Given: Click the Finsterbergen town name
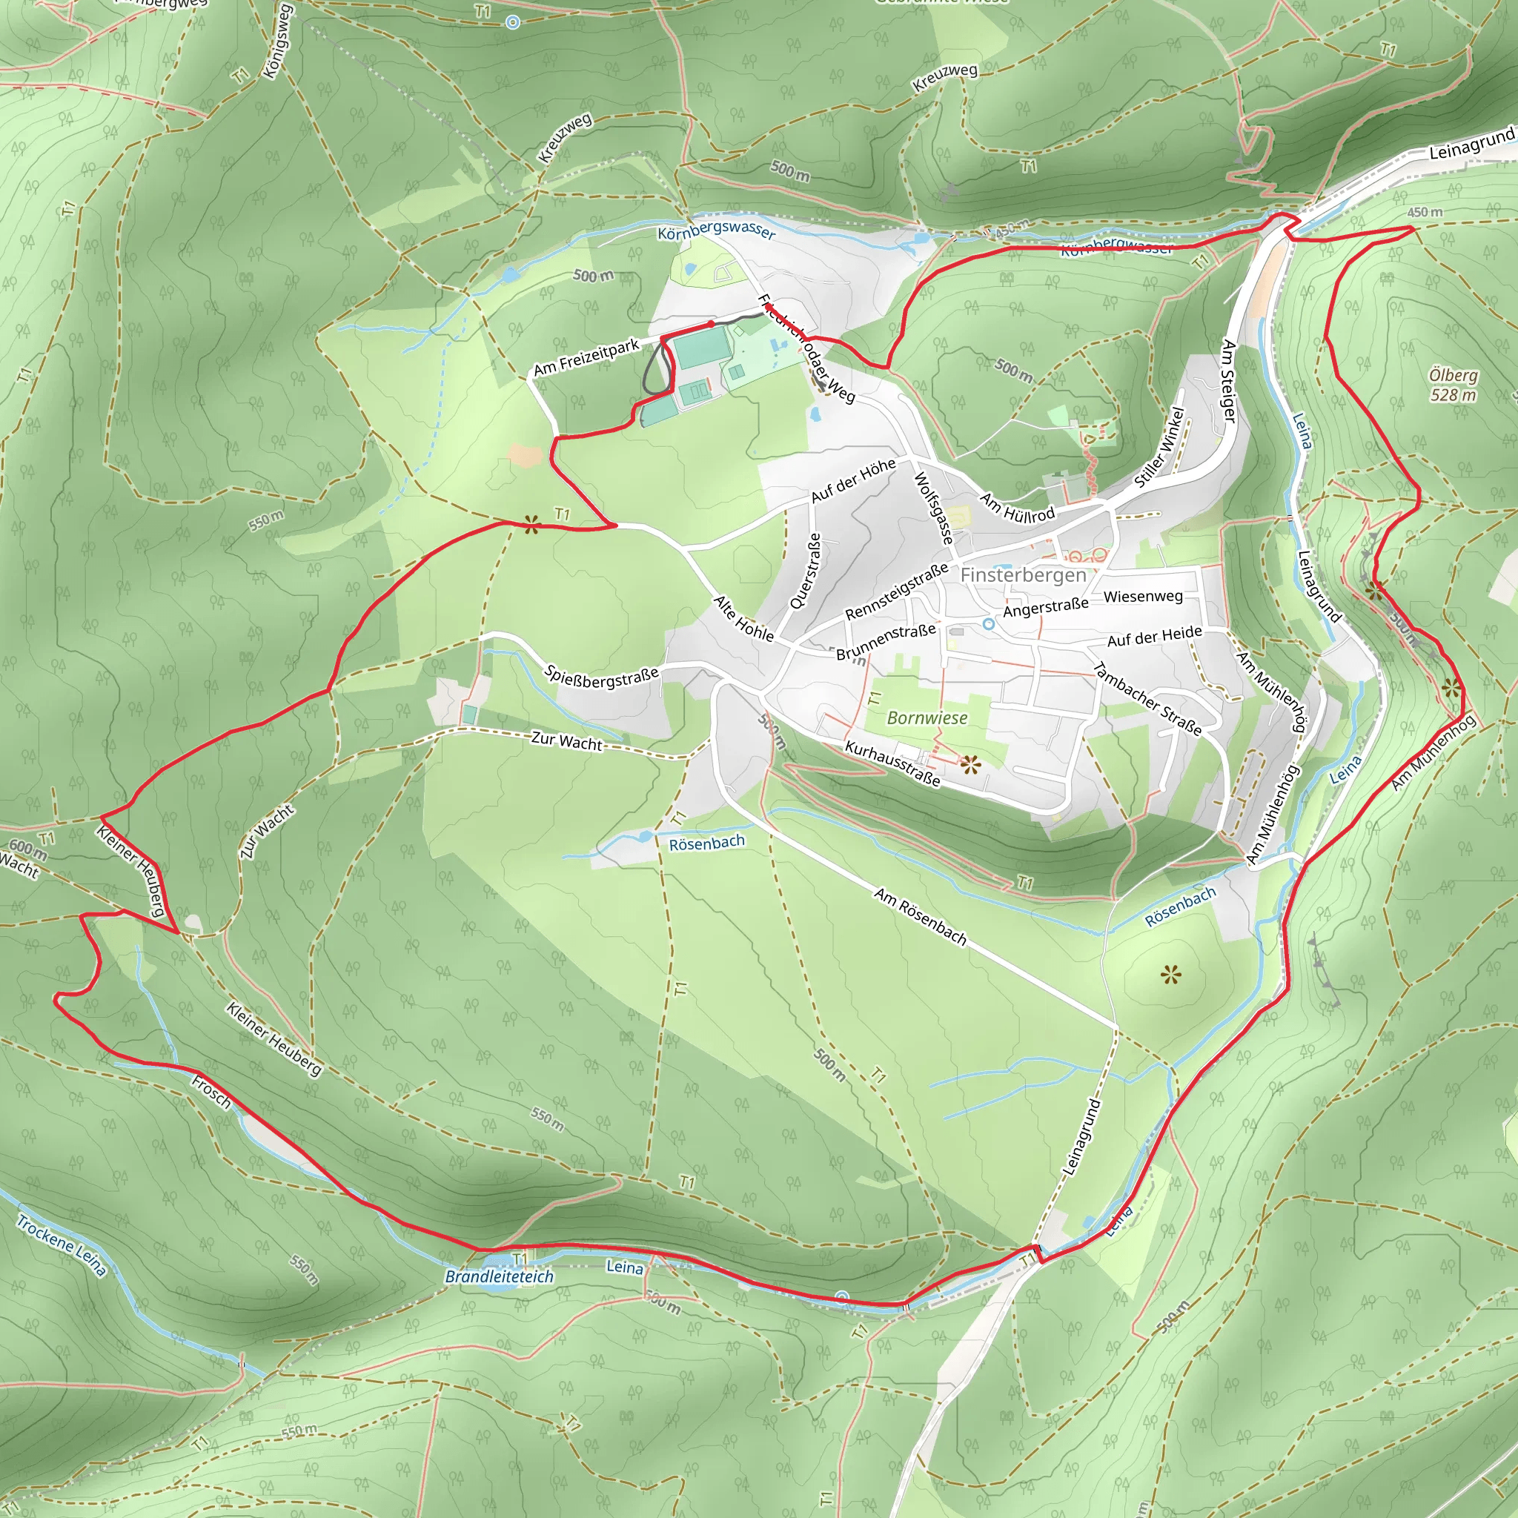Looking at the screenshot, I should click(1023, 575).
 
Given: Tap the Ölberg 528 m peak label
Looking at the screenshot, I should click(1453, 385).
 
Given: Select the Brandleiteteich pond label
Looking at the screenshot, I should click(499, 1276).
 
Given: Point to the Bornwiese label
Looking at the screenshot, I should click(927, 717).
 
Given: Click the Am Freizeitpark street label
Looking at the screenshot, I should click(586, 357).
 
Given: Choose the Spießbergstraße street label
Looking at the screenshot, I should click(601, 677).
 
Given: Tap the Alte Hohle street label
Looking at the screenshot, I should click(743, 617).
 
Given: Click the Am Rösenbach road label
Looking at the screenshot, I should click(920, 915).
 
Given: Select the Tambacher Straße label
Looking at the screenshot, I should click(1147, 698).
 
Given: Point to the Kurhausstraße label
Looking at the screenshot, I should click(892, 763).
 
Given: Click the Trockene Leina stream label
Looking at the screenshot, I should click(62, 1245).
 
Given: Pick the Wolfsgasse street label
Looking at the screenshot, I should click(932, 508).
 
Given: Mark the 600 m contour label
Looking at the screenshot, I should click(27, 849).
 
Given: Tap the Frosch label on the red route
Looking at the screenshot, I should click(211, 1091).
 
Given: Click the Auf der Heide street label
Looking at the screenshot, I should click(1154, 637).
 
